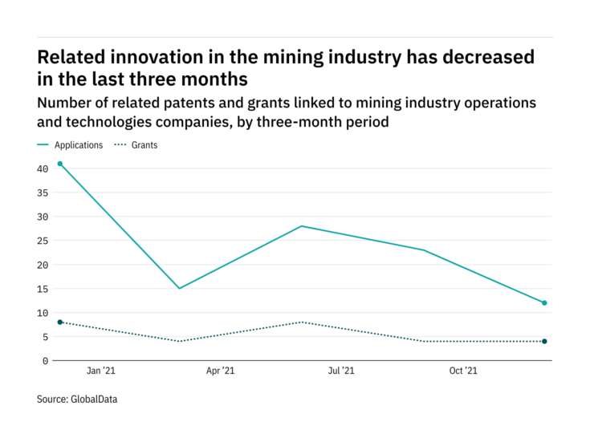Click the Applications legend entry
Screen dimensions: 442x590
pyautogui.click(x=78, y=145)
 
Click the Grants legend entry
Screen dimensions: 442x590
pyautogui.click(x=144, y=145)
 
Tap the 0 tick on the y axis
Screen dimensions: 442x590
pyautogui.click(x=46, y=361)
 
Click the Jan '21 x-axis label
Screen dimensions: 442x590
pyautogui.click(x=100, y=371)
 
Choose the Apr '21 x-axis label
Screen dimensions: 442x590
pyautogui.click(x=220, y=371)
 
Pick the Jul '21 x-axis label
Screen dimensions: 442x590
pyautogui.click(x=340, y=371)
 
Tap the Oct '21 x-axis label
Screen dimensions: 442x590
pyautogui.click(x=462, y=371)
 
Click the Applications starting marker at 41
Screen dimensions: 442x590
pyautogui.click(x=59, y=164)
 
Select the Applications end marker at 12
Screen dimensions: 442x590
pyautogui.click(x=544, y=303)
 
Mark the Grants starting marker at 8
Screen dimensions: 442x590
pyautogui.click(x=59, y=322)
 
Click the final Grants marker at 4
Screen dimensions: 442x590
pyautogui.click(x=544, y=342)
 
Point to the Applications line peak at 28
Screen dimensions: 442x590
pyautogui.click(x=302, y=226)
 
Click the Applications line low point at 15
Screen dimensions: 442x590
pyautogui.click(x=180, y=289)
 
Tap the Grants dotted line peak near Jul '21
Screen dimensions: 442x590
pyautogui.click(x=302, y=322)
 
